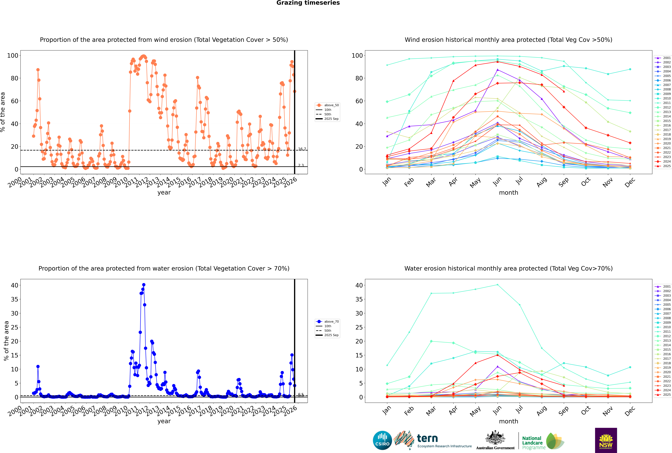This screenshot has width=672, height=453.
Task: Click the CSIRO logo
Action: [x=382, y=440]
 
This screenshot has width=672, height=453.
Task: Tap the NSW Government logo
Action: [x=606, y=440]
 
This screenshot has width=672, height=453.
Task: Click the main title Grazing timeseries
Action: [x=308, y=3]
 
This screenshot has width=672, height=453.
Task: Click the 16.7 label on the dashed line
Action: [x=302, y=149]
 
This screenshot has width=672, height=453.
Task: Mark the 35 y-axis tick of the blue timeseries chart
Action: [x=14, y=299]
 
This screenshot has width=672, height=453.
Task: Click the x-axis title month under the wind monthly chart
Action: [x=508, y=193]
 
